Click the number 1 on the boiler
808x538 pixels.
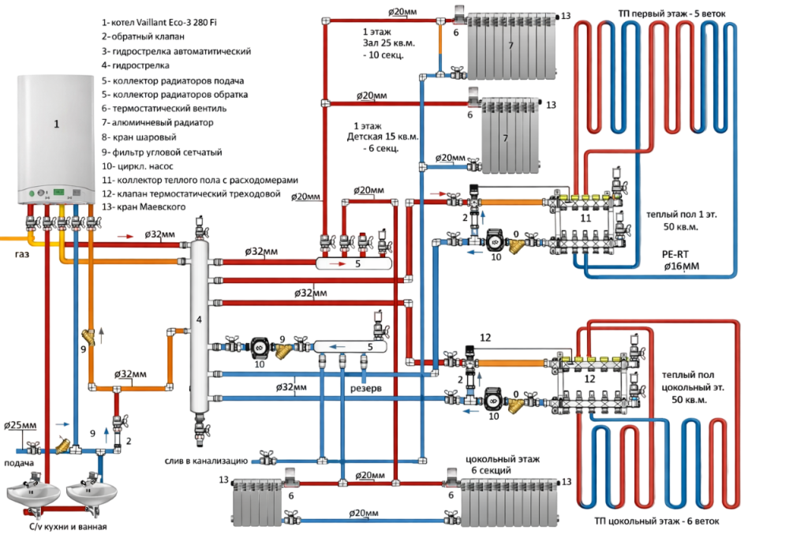[x=56, y=124]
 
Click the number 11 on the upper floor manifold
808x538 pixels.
[x=585, y=217]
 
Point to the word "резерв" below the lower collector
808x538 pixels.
[x=366, y=388]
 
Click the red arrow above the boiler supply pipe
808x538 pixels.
[x=125, y=235]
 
